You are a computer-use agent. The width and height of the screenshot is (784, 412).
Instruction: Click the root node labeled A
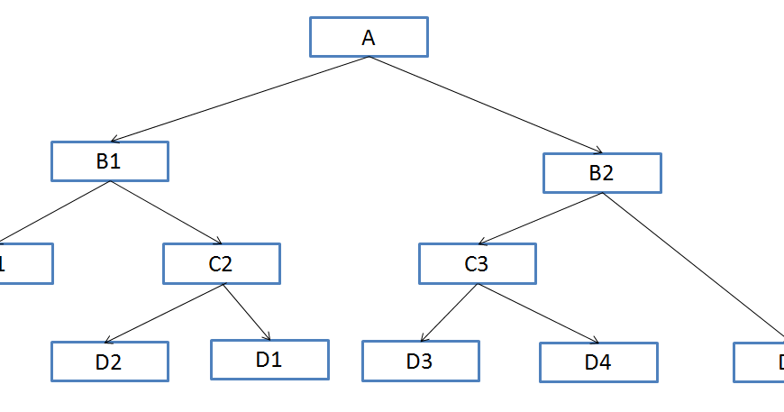tap(369, 37)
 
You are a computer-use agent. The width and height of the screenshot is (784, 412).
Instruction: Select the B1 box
tap(110, 161)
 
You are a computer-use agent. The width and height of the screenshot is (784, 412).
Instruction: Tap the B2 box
tap(602, 173)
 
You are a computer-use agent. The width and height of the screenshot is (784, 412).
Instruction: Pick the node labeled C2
tap(221, 263)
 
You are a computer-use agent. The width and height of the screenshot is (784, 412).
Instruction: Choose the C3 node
tap(477, 263)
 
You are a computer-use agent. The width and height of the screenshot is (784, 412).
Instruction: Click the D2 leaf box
tap(109, 362)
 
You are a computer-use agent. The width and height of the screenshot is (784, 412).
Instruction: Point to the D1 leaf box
tap(269, 359)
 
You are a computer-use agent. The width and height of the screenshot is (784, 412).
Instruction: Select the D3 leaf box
tap(420, 362)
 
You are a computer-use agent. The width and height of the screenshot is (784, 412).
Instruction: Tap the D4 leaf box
tap(598, 362)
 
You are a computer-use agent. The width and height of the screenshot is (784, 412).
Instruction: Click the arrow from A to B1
tap(239, 99)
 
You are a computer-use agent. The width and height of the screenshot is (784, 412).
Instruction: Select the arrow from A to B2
tap(485, 105)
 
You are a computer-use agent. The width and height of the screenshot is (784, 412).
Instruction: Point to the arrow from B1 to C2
tap(166, 213)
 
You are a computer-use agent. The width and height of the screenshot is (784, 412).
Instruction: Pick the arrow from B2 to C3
tap(540, 218)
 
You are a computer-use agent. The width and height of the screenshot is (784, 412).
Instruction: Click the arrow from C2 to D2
tap(164, 314)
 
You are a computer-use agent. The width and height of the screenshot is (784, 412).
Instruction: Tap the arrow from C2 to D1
tap(247, 312)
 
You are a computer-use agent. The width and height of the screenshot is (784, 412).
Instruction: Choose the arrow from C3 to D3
tap(450, 313)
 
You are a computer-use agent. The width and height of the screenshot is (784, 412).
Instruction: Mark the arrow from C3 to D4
tap(538, 314)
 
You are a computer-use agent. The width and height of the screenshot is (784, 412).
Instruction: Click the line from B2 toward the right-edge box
tap(692, 267)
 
